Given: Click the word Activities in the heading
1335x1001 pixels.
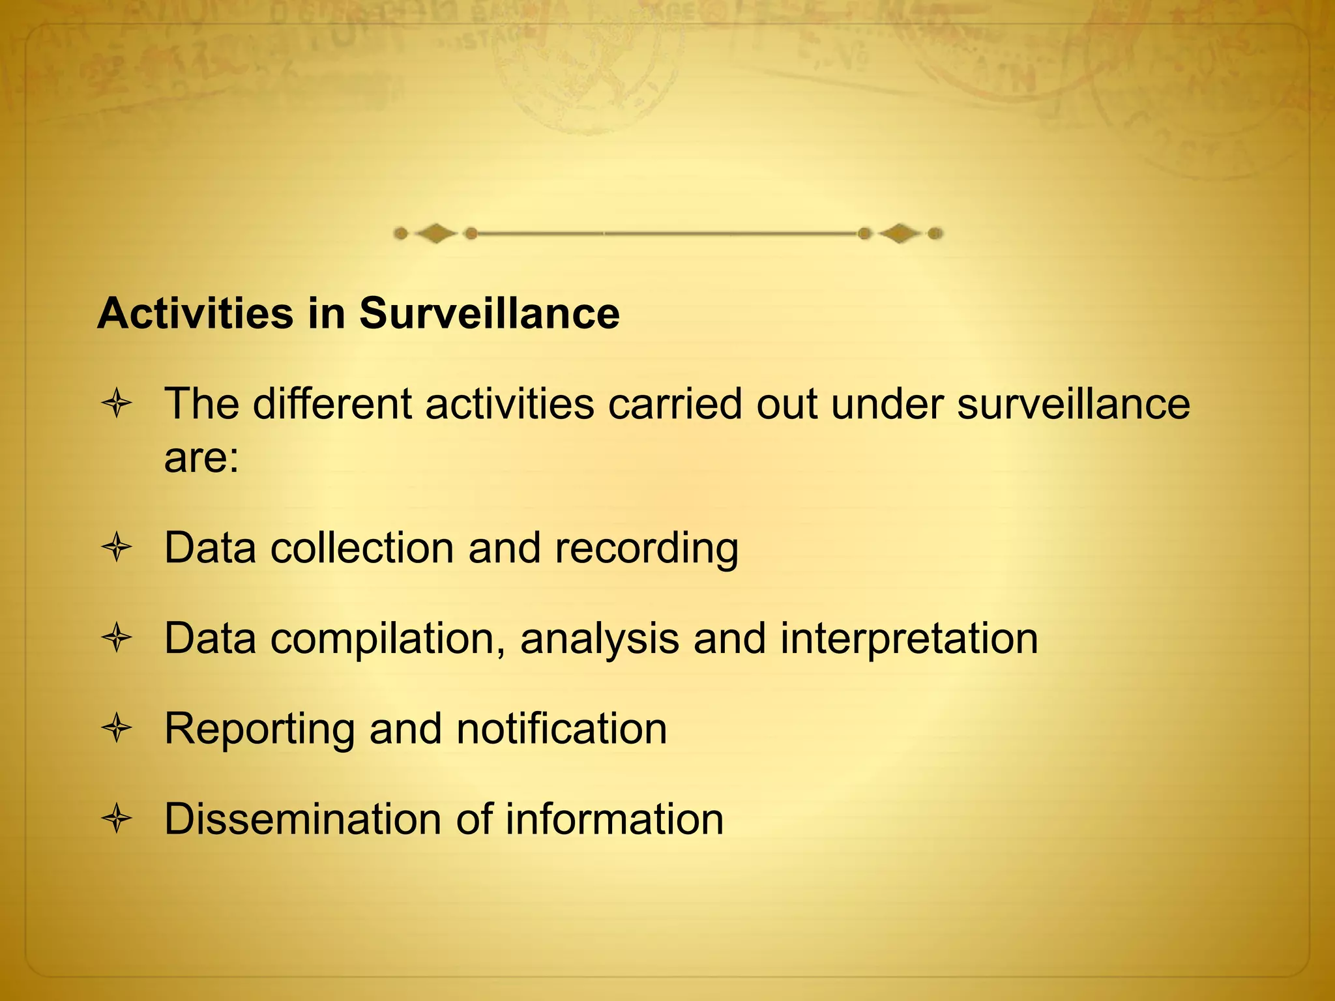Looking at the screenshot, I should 195,313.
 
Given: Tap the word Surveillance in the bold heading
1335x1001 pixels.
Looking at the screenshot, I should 489,313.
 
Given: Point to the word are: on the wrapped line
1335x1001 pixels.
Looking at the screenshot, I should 201,458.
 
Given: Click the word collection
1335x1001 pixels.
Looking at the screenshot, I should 362,547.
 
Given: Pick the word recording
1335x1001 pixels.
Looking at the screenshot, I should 647,549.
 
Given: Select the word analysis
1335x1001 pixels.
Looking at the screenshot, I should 600,639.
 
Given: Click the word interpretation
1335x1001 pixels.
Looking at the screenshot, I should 909,639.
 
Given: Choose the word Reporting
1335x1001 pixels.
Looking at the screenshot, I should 259,729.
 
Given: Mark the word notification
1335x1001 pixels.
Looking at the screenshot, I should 562,728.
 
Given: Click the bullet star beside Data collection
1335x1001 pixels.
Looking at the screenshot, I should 117,547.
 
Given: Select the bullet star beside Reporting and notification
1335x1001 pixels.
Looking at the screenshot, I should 117,729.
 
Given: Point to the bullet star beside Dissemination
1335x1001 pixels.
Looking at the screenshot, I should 117,819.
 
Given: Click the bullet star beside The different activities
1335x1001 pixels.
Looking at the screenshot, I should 117,404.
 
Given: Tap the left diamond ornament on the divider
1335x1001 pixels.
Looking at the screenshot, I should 435,233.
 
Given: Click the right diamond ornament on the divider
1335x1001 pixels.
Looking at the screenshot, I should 900,233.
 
